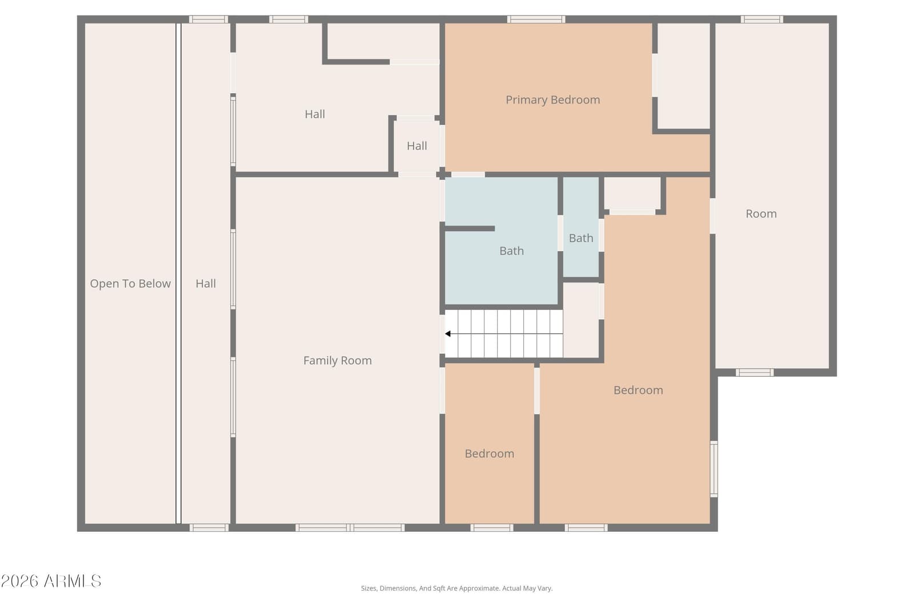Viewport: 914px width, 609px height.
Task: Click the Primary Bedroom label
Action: (553, 100)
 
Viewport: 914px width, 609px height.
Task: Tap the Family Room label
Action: (338, 360)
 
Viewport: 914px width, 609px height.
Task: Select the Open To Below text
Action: (130, 284)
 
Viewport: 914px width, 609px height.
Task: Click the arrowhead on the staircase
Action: (448, 334)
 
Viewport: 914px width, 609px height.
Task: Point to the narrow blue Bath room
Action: (581, 227)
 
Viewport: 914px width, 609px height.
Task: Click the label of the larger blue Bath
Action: (512, 251)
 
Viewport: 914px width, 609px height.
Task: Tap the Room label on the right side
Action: (761, 213)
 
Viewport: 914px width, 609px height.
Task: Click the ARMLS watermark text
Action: (51, 581)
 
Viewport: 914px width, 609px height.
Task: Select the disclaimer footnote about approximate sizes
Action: (456, 588)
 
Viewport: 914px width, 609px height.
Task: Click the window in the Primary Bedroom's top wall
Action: (536, 19)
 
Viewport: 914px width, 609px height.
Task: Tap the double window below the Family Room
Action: (350, 528)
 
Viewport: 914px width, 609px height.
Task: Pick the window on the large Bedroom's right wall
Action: (714, 469)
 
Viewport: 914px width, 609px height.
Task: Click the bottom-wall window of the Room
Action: (755, 372)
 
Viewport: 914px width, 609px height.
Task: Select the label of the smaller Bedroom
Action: (489, 454)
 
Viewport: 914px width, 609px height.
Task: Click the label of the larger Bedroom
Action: (638, 390)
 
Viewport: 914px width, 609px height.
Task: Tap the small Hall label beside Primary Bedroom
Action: (416, 146)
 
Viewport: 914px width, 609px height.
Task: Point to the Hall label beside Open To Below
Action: (206, 284)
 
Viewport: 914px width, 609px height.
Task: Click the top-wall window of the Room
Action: (762, 19)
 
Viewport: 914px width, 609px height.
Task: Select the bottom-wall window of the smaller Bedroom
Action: (492, 528)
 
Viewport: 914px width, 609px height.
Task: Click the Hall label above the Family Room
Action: (315, 114)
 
